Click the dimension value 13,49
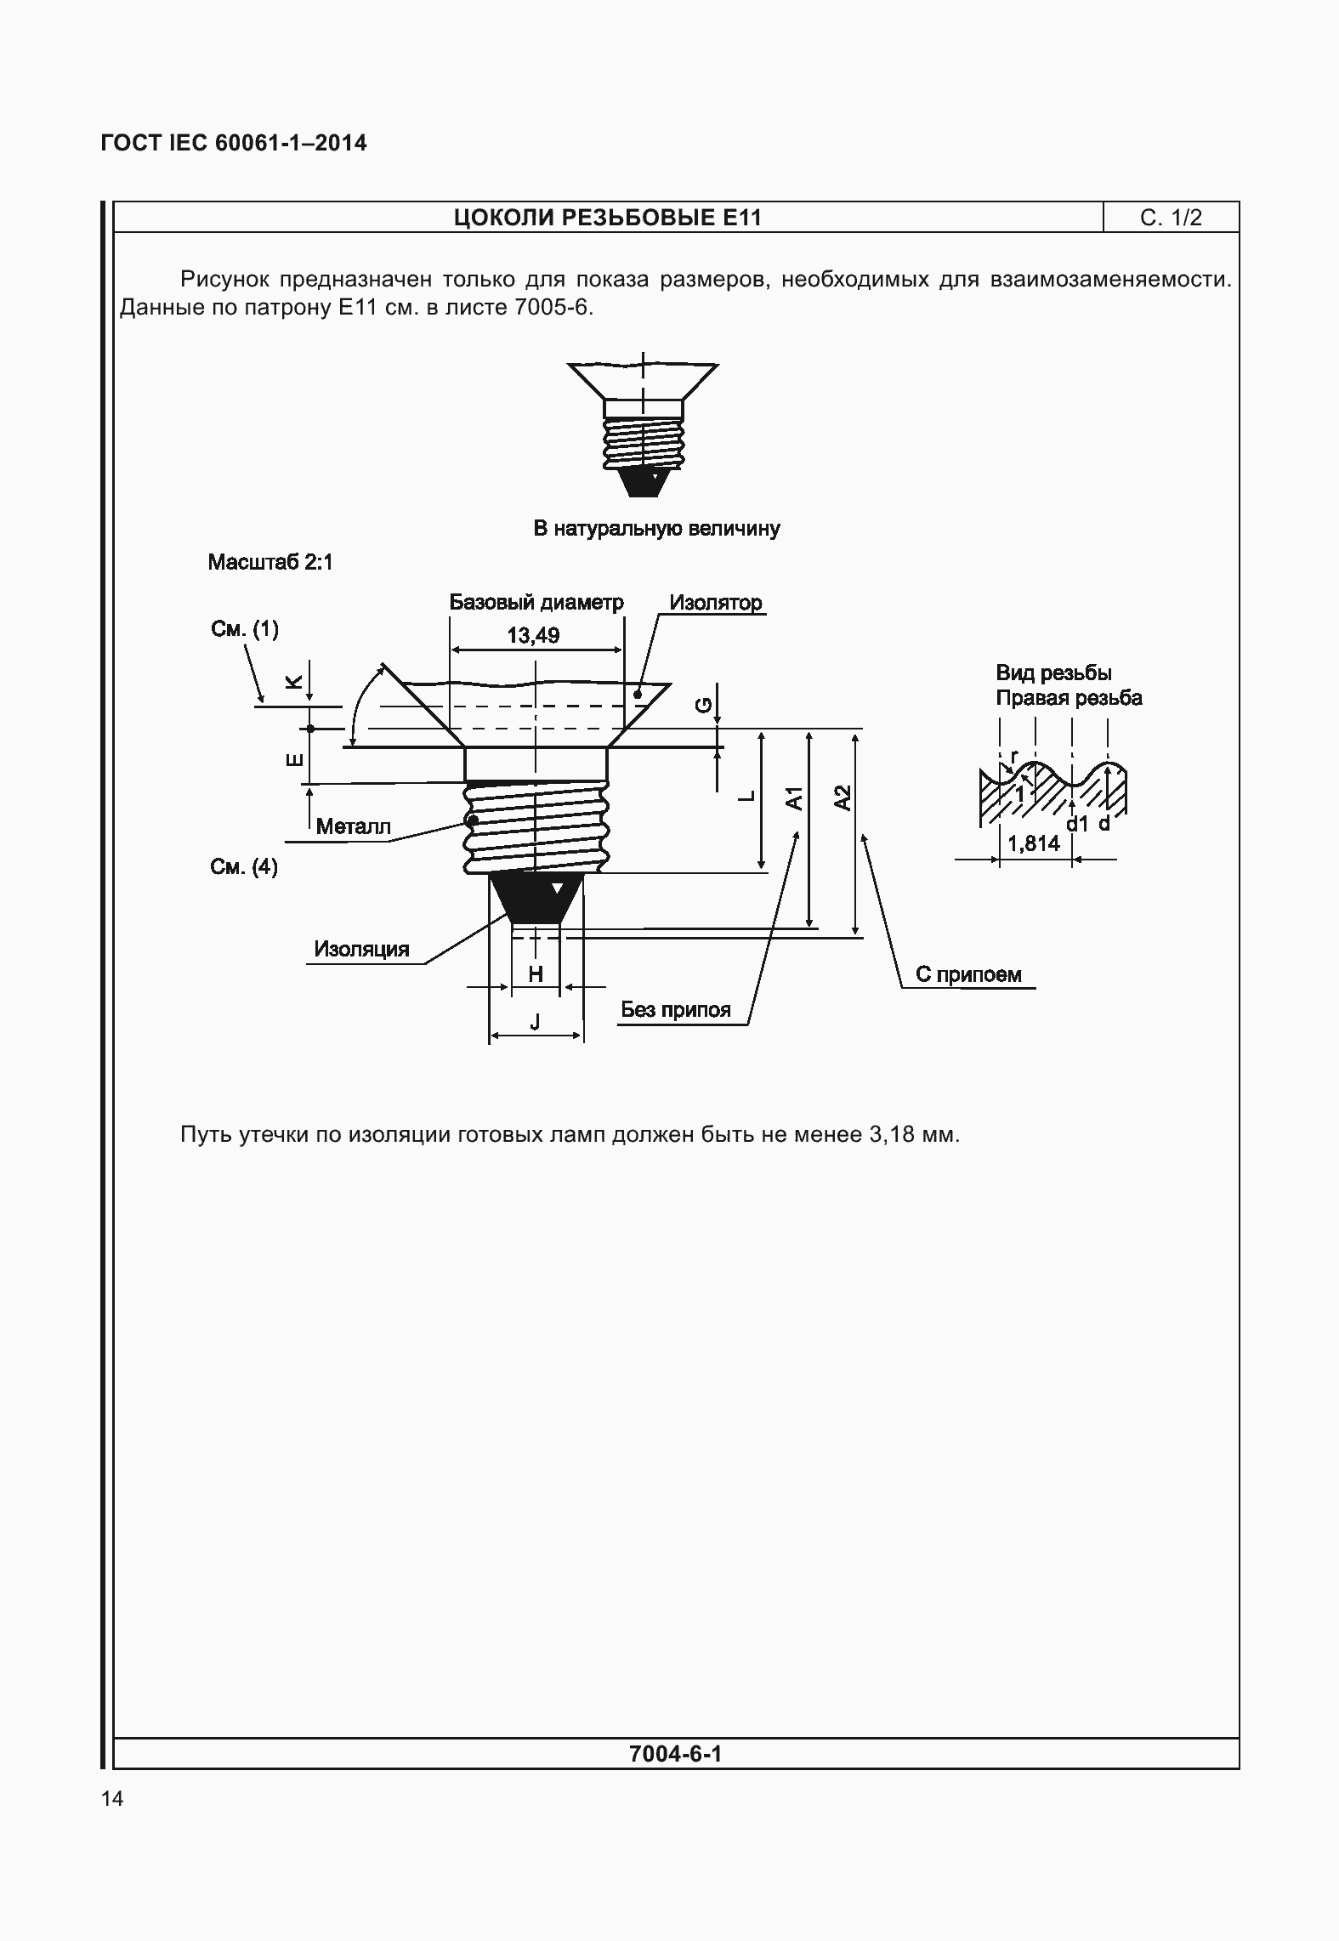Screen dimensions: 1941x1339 pos(533,635)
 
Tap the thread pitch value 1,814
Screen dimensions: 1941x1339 pos(1034,843)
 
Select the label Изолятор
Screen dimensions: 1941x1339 pos(715,603)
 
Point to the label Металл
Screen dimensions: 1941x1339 pos(353,826)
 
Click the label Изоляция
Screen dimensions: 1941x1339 pos(361,949)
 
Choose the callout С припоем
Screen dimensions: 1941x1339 pos(968,974)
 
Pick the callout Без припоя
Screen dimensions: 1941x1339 pos(676,1010)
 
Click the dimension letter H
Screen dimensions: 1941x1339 pos(536,974)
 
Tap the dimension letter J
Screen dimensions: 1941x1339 pos(535,1023)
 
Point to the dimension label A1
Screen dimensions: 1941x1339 pos(794,798)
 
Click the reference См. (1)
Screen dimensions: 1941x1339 pos(244,629)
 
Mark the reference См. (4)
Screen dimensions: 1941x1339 pos(244,867)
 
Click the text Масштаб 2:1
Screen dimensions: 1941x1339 pos(270,562)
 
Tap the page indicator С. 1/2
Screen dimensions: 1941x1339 pos(1171,219)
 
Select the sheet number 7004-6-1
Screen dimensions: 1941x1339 pos(675,1753)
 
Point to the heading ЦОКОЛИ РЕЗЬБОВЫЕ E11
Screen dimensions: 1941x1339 pos(608,219)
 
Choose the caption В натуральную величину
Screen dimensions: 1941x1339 pos(656,528)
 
